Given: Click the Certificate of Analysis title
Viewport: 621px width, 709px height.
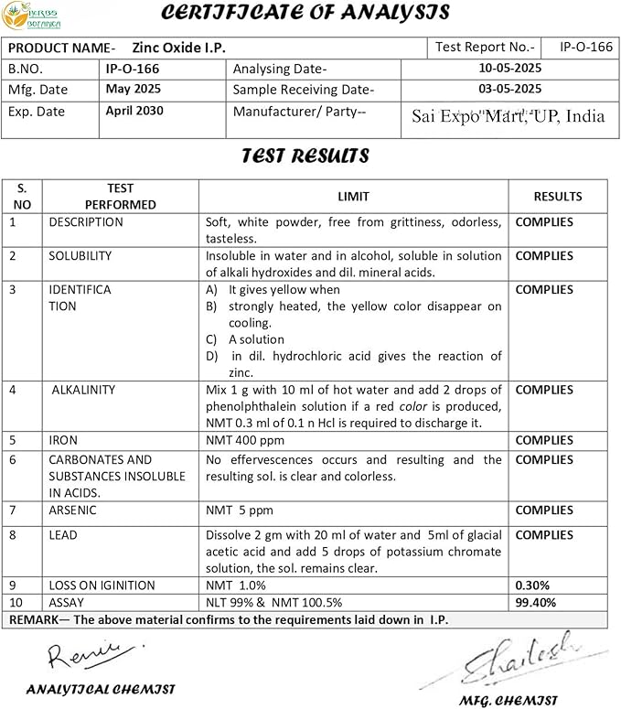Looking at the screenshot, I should tap(305, 13).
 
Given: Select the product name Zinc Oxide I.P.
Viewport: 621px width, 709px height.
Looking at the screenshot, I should tap(178, 48).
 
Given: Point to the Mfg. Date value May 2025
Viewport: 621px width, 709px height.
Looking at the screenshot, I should tap(132, 89).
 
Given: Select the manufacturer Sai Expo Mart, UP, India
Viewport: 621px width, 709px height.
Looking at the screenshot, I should tap(508, 116).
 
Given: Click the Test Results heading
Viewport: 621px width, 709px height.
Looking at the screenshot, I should tap(305, 156).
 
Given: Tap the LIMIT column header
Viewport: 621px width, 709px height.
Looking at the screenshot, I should tap(353, 196).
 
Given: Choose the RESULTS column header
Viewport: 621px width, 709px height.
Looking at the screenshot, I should tap(558, 196).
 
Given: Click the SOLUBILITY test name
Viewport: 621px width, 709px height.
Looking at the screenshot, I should tap(80, 256).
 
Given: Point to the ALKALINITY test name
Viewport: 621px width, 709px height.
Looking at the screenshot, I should tap(83, 390).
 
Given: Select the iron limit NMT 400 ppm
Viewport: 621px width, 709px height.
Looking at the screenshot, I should tap(246, 440).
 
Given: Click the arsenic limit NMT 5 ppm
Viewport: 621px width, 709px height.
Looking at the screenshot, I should tap(240, 510).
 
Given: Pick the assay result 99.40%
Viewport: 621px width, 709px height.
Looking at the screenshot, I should tap(535, 603).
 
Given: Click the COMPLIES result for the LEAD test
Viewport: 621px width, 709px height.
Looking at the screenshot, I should tap(544, 535).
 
